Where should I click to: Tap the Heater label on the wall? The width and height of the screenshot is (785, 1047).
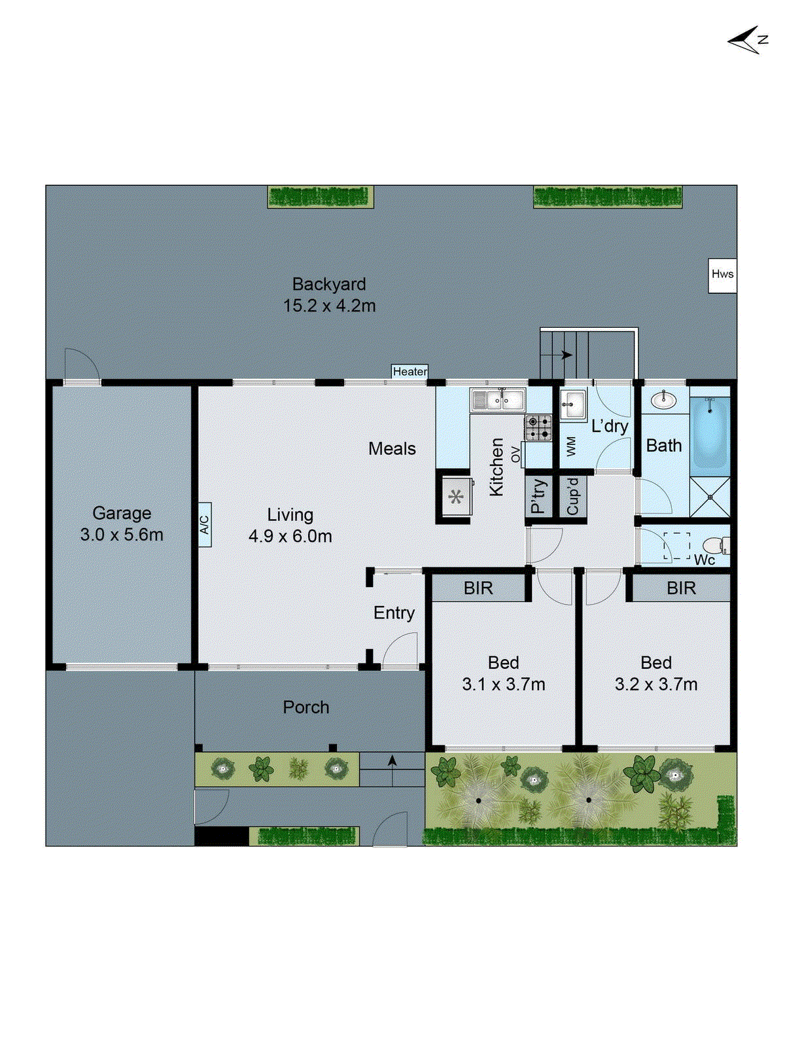pyautogui.click(x=410, y=372)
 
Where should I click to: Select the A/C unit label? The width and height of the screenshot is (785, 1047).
pyautogui.click(x=204, y=524)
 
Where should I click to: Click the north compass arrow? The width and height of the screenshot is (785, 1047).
pyautogui.click(x=746, y=41)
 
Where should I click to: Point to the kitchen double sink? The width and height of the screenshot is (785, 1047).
pyautogui.click(x=498, y=399)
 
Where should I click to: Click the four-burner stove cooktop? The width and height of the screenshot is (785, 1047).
pyautogui.click(x=538, y=427)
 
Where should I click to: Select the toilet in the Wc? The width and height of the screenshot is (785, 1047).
pyautogui.click(x=714, y=545)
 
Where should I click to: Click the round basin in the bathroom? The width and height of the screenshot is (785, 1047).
pyautogui.click(x=665, y=399)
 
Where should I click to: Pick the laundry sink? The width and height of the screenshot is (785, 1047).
pyautogui.click(x=574, y=404)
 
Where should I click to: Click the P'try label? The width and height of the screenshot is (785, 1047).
pyautogui.click(x=538, y=497)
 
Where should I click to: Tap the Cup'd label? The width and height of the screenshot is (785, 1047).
pyautogui.click(x=572, y=497)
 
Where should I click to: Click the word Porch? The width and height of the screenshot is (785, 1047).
pyautogui.click(x=306, y=707)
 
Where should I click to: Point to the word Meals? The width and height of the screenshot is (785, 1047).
pyautogui.click(x=392, y=449)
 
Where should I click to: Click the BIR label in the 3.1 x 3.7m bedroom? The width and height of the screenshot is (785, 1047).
pyautogui.click(x=478, y=588)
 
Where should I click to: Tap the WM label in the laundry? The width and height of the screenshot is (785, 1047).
pyautogui.click(x=571, y=446)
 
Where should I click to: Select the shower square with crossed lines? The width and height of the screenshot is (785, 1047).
pyautogui.click(x=710, y=497)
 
